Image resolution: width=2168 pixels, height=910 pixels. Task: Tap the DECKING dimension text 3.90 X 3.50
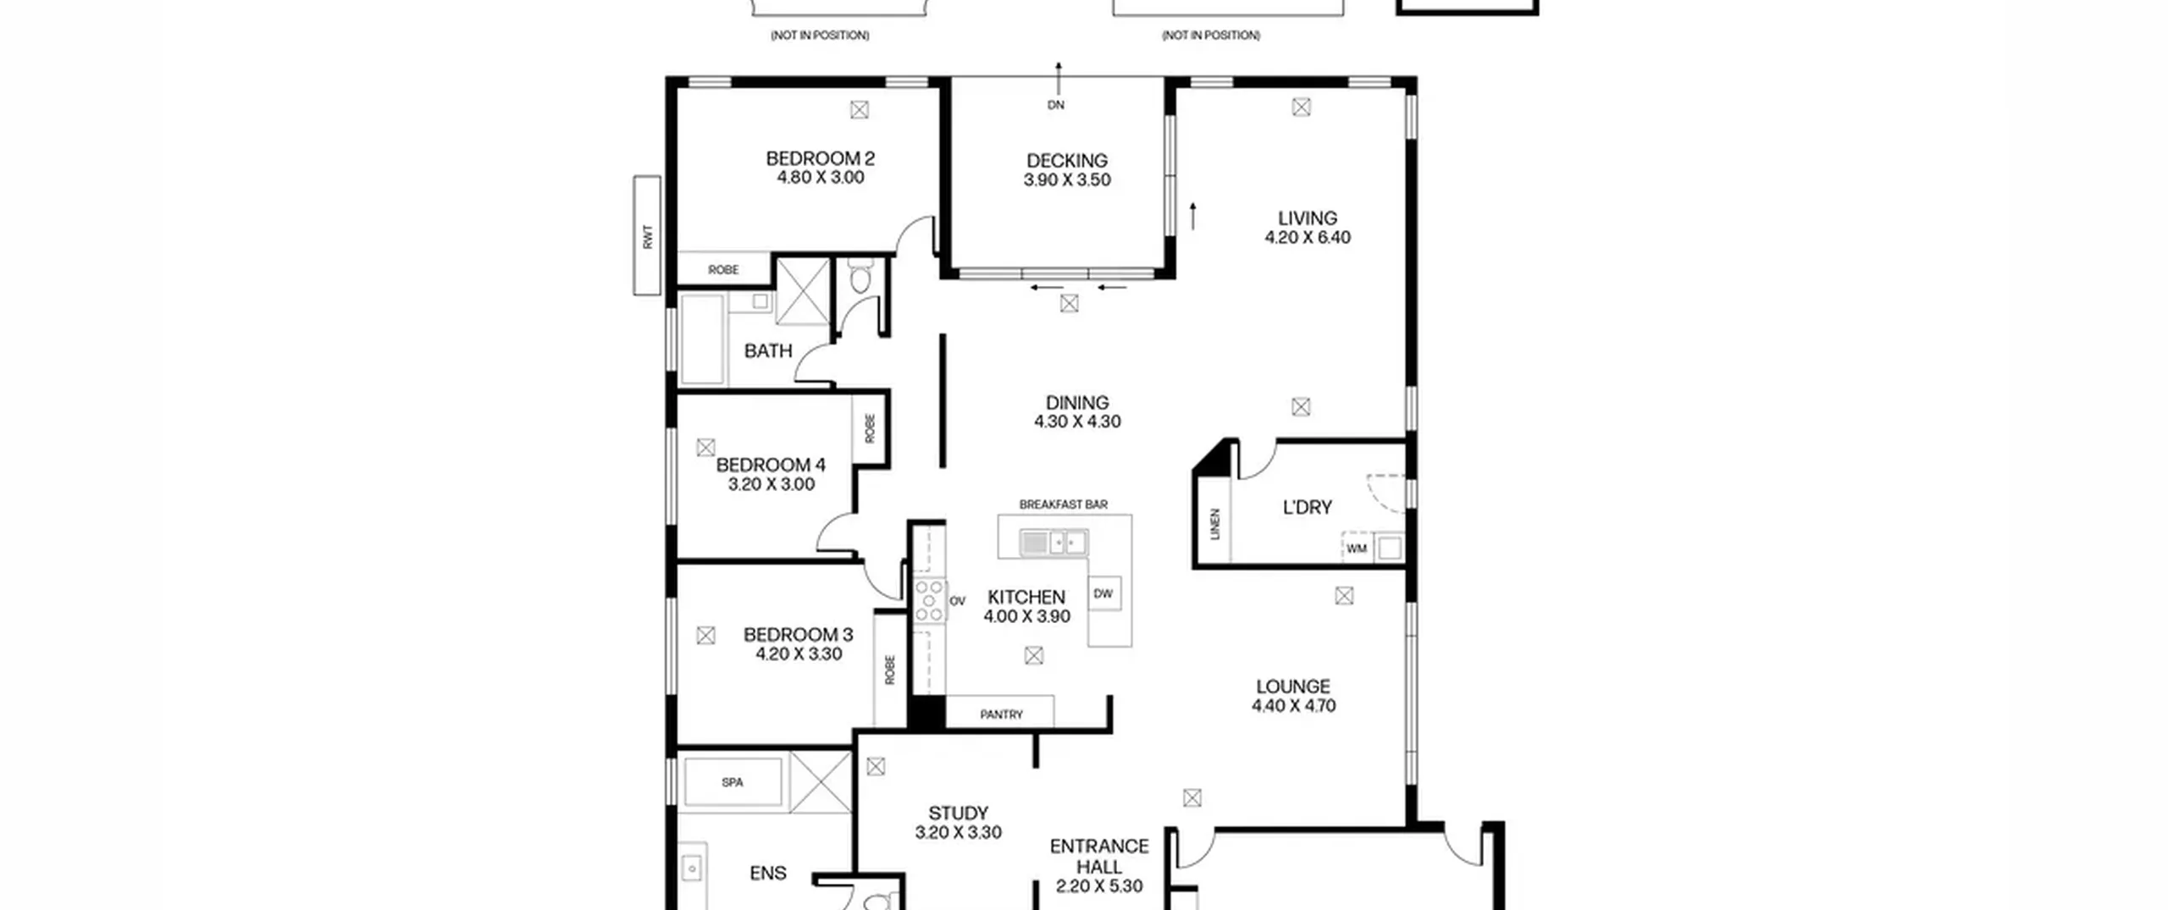[1067, 179]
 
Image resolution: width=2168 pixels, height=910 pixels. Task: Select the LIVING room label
[1308, 218]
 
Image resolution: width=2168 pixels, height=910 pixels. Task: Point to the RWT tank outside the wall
[647, 235]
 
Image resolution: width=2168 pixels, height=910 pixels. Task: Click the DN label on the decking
[1056, 105]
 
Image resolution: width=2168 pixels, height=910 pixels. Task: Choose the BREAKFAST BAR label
[1063, 505]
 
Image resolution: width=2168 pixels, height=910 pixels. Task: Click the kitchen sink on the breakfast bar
[1054, 542]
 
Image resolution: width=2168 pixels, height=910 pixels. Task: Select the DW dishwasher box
[1103, 594]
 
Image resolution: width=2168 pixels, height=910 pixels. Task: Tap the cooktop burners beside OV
[929, 601]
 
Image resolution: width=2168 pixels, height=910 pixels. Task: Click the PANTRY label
[1001, 714]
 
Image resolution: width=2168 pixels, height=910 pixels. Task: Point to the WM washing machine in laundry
[1357, 549]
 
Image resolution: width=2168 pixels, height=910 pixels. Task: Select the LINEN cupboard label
[1216, 524]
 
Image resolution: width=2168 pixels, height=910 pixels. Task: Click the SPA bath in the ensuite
[733, 782]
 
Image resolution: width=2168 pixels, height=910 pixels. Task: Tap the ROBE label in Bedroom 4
[870, 428]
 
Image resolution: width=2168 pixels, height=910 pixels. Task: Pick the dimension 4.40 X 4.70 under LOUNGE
[1293, 706]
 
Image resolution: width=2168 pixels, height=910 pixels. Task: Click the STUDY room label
[959, 813]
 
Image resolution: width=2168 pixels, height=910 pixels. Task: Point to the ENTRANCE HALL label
[1099, 857]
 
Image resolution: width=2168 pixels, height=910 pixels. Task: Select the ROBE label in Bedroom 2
[723, 270]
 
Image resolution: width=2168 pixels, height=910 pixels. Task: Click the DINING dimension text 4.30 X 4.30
[1077, 422]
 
